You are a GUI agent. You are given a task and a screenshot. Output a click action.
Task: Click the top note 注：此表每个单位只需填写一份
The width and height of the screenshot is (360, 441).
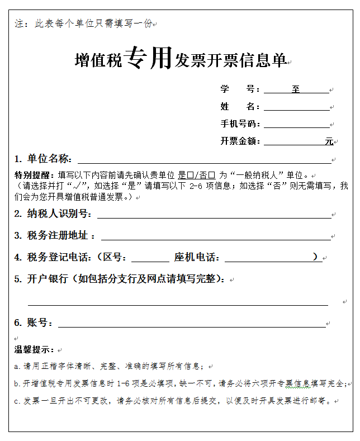[84, 24]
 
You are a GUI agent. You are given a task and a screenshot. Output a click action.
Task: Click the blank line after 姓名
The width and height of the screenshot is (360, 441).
[296, 107]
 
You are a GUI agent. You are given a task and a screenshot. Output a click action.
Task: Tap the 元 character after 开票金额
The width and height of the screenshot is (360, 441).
[329, 141]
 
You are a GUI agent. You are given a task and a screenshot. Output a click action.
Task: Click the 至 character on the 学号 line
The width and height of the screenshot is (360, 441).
[296, 89]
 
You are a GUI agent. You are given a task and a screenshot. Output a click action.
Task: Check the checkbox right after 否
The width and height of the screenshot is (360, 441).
[212, 174]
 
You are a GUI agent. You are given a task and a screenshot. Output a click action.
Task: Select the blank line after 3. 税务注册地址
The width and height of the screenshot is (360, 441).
[215, 236]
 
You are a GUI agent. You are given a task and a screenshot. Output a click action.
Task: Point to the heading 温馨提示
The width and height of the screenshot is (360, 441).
[34, 350]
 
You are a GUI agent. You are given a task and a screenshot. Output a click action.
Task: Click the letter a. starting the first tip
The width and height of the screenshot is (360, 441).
[17, 367]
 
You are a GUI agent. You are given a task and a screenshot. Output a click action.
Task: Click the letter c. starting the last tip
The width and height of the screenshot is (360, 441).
[17, 401]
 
